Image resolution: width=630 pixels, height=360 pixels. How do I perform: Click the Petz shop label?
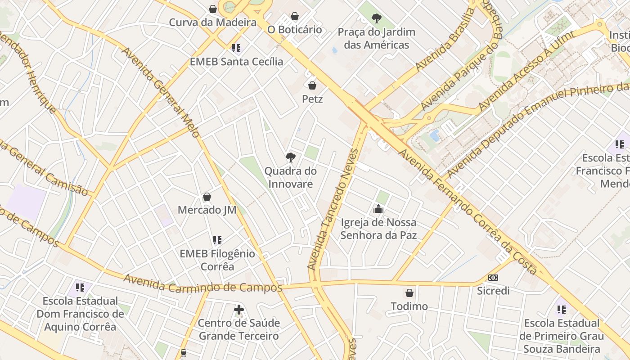click(312, 99)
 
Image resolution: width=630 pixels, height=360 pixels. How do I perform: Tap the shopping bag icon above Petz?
click(312, 85)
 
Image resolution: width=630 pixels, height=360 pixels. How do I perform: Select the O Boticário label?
click(295, 30)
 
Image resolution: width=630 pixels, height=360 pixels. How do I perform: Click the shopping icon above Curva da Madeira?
click(213, 9)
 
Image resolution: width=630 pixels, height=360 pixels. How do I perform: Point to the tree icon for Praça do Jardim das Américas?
click(377, 18)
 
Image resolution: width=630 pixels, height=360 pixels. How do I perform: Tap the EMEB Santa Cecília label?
click(236, 62)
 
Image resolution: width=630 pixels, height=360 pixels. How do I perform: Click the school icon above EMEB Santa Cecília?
click(236, 48)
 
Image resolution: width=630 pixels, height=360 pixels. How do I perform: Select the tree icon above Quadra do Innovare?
click(291, 157)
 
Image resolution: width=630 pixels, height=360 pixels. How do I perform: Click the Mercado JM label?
click(207, 210)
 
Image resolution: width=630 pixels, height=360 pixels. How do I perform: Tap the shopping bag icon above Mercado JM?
click(207, 197)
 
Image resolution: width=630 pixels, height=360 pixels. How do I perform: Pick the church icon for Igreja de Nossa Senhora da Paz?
click(378, 209)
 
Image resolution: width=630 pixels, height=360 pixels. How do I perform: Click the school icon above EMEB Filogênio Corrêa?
click(217, 240)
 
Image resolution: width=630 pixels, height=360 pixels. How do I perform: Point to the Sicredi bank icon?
click(493, 278)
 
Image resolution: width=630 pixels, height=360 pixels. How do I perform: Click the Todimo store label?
click(409, 306)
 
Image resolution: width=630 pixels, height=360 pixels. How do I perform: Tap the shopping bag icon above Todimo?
click(409, 293)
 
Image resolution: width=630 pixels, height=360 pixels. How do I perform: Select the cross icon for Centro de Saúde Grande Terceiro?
click(239, 310)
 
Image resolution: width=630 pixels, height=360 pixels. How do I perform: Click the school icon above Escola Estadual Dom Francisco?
click(80, 287)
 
